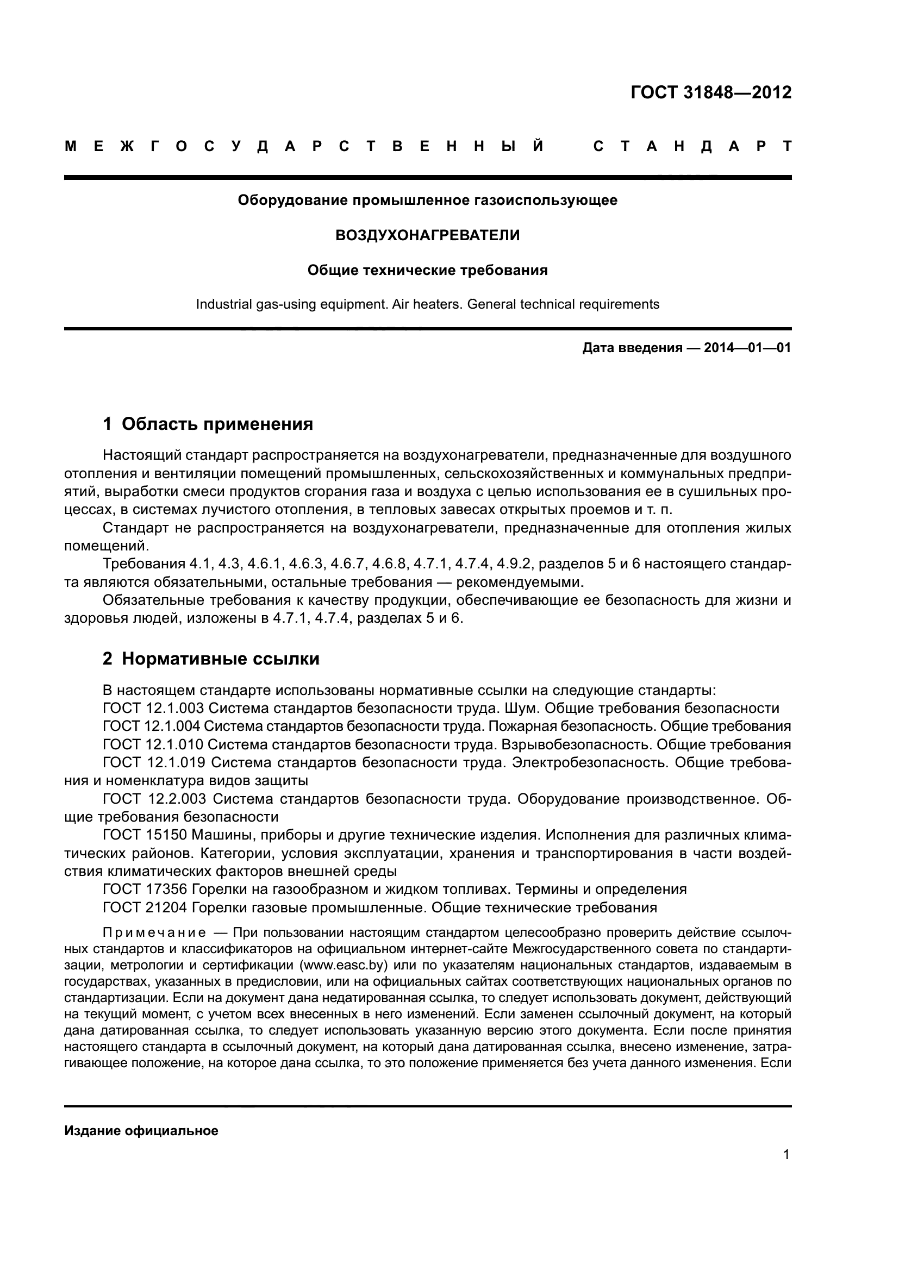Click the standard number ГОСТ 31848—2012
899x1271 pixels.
pos(711,92)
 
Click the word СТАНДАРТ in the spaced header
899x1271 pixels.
pos(692,147)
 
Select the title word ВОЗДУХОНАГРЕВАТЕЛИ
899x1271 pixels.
pos(427,235)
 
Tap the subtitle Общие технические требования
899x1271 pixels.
pos(427,270)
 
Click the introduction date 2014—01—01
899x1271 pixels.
pos(747,348)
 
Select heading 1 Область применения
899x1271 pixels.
pos(208,424)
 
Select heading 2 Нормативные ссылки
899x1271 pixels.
pos(211,659)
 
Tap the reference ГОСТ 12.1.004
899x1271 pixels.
pos(152,727)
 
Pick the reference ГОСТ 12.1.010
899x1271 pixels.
pos(153,744)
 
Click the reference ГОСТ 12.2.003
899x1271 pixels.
pos(154,799)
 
